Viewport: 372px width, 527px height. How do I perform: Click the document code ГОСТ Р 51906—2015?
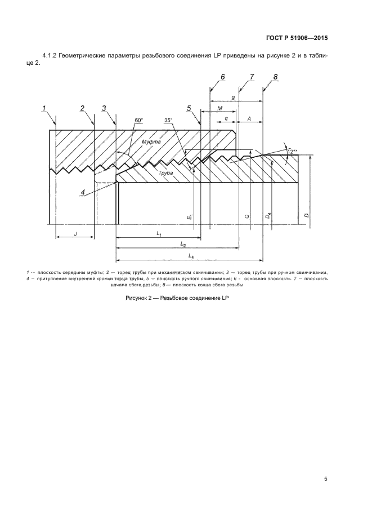click(296, 39)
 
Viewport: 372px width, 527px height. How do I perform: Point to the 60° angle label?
click(139, 120)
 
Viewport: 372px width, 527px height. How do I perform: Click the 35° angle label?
click(168, 120)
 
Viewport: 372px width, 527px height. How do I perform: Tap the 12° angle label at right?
click(292, 151)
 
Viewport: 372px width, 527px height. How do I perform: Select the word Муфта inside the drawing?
click(151, 142)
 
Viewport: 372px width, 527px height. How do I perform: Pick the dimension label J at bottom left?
click(75, 233)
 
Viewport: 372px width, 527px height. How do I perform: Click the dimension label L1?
click(159, 233)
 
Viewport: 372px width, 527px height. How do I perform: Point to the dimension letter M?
click(219, 108)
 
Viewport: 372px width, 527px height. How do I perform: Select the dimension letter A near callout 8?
click(249, 119)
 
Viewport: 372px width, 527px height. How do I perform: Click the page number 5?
click(325, 479)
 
